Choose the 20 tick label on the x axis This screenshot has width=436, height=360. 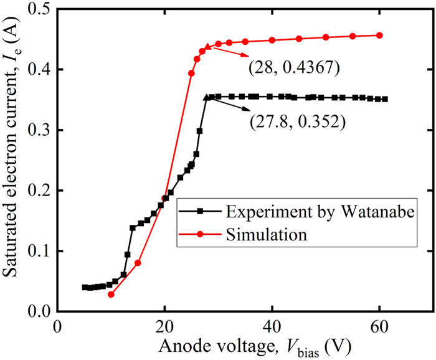click(x=164, y=326)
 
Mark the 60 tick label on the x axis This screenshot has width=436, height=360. click(x=379, y=326)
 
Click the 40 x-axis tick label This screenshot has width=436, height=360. click(x=272, y=326)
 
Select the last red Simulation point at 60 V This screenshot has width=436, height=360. click(x=379, y=36)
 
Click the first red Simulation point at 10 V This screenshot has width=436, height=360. click(x=111, y=294)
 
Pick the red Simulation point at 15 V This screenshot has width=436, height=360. click(x=138, y=263)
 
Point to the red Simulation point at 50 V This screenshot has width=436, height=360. click(x=326, y=37)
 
